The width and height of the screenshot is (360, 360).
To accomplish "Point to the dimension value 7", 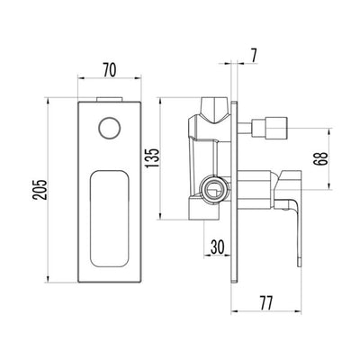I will coord(254,56).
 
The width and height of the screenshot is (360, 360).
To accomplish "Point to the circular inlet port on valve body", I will coord(213,188).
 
